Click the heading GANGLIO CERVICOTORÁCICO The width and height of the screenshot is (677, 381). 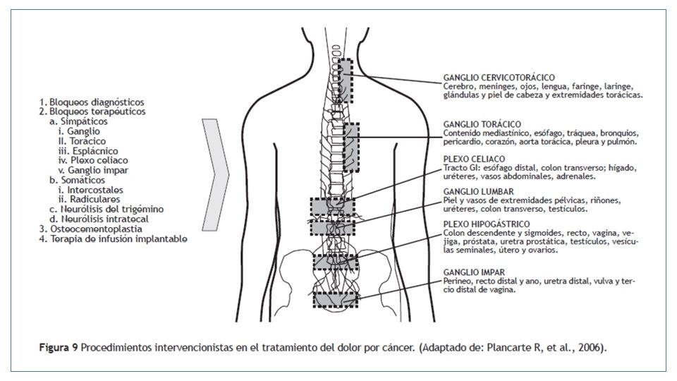pyautogui.click(x=499, y=77)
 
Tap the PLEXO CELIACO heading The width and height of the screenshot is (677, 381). pyautogui.click(x=472, y=159)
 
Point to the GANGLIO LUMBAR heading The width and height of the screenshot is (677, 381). pyautogui.click(x=477, y=192)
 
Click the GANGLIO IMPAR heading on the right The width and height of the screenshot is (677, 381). pyautogui.click(x=473, y=272)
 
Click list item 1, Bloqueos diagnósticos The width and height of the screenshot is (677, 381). pyautogui.click(x=92, y=102)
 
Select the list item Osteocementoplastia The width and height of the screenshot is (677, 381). pyautogui.click(x=92, y=229)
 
